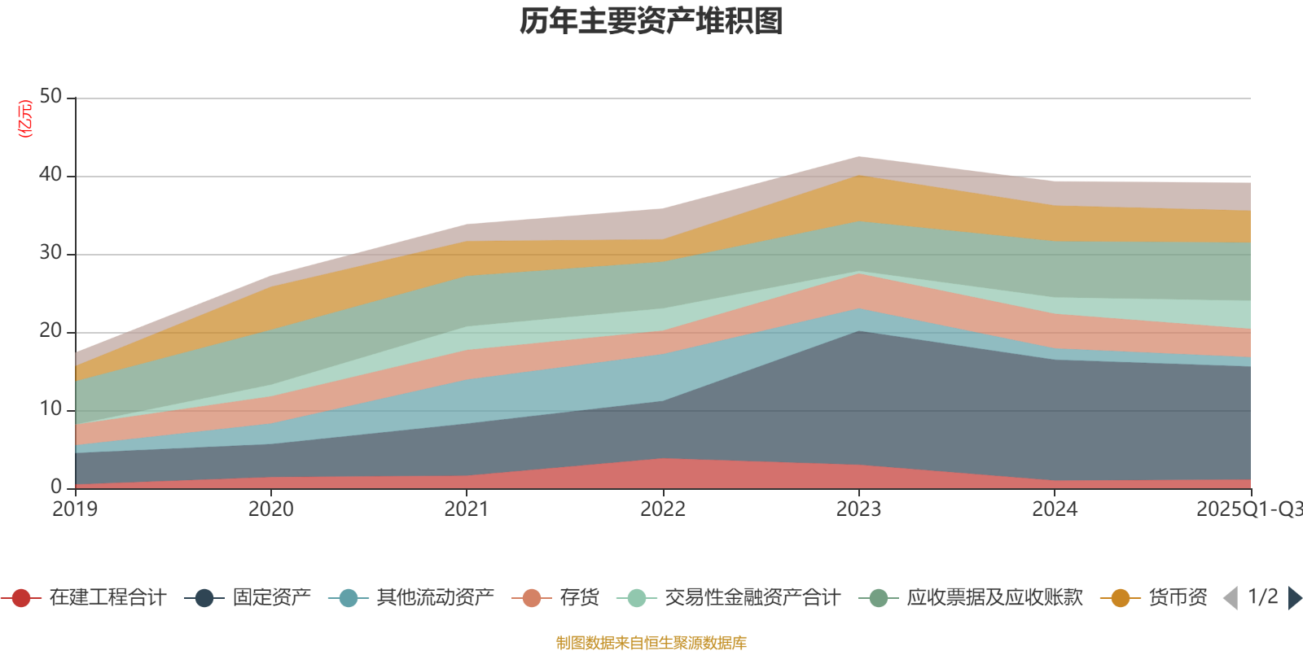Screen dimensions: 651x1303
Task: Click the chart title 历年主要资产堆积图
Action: point(651,21)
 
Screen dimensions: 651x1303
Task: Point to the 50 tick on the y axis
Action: point(50,97)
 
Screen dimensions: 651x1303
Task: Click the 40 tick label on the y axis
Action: point(50,175)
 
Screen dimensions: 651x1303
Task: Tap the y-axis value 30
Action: point(50,253)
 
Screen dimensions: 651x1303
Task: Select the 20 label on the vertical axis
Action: point(50,331)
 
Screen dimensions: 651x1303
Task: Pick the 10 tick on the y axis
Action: point(50,409)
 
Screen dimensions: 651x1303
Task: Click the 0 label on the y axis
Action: point(56,487)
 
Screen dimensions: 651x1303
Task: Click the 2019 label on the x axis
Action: point(75,509)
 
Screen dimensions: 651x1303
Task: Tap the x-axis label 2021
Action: point(466,509)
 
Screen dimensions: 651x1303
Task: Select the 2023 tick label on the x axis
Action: point(858,509)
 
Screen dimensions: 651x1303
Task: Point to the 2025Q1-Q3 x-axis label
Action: point(1248,509)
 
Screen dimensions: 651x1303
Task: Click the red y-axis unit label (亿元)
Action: point(26,119)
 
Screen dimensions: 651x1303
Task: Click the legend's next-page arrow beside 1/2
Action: point(1294,598)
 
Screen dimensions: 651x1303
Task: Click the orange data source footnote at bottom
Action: point(651,643)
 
